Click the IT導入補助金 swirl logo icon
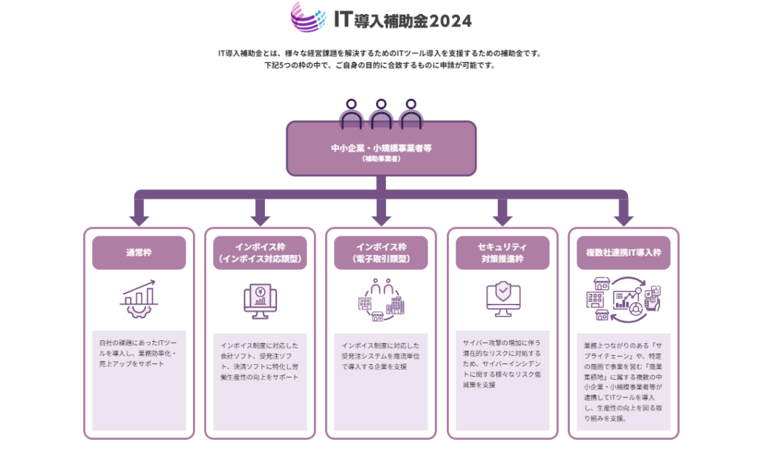point(307,17)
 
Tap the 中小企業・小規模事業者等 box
point(381,149)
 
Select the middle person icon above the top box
point(381,112)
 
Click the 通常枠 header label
point(139,253)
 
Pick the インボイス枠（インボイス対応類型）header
point(260,253)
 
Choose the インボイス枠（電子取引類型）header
point(381,253)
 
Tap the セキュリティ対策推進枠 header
point(502,253)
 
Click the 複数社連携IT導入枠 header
point(623,253)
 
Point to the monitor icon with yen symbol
point(260,301)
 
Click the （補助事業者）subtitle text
point(381,158)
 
